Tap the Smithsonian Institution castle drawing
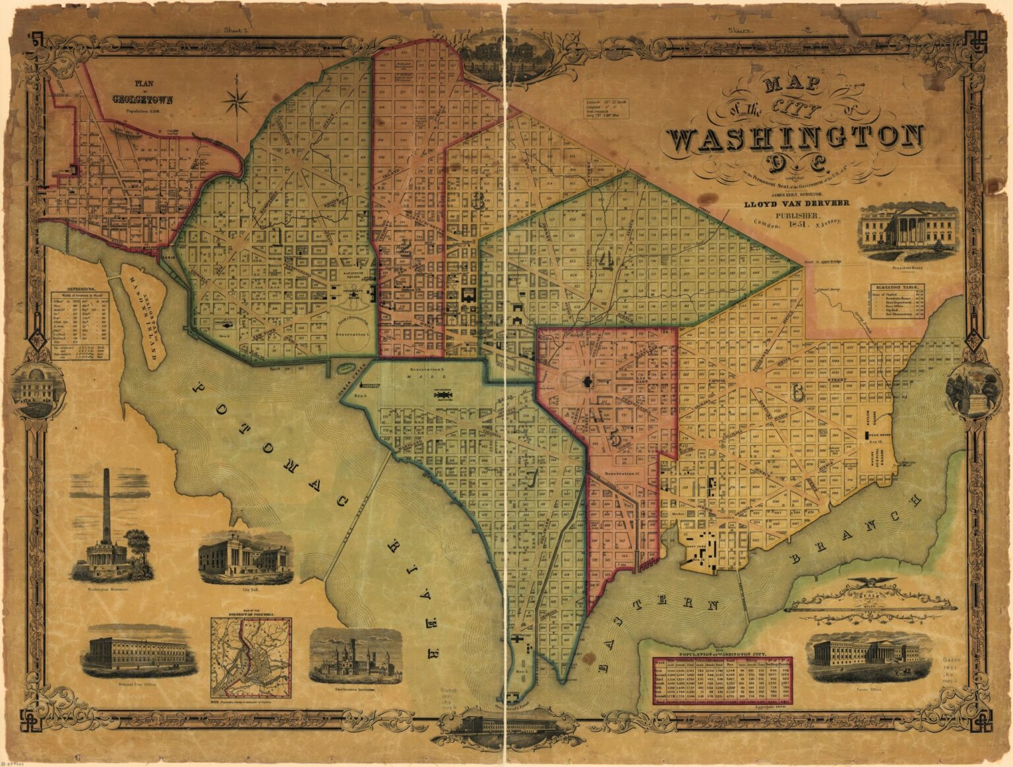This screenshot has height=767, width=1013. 355,654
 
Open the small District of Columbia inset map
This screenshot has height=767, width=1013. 251,657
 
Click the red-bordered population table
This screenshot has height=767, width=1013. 722,680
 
